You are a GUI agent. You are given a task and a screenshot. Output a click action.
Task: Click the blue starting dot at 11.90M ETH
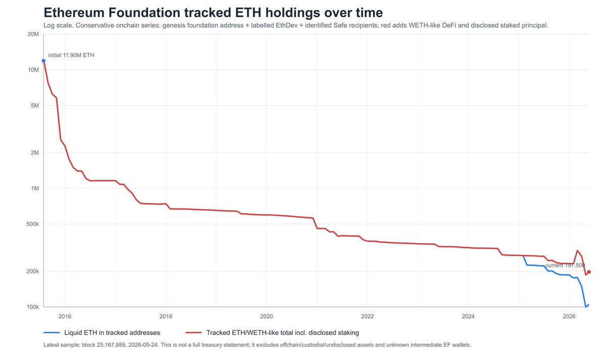(43, 61)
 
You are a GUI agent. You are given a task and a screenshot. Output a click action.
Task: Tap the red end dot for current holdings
(589, 272)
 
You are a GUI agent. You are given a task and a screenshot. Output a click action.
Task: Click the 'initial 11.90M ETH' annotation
(71, 55)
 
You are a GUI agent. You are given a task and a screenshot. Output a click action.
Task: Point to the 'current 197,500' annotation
(565, 266)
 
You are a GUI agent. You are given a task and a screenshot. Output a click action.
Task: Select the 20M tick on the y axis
(33, 34)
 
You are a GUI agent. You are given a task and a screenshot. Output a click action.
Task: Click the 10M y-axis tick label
(33, 70)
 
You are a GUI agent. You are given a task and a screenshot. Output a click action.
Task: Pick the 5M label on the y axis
(35, 106)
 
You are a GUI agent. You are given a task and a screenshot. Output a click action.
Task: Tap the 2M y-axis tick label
(35, 152)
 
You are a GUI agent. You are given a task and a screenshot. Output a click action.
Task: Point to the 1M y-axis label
(35, 188)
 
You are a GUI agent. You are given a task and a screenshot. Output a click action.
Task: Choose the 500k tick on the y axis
(32, 224)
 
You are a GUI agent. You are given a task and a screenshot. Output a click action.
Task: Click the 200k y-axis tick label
(32, 271)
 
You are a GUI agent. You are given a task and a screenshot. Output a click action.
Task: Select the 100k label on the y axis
(32, 307)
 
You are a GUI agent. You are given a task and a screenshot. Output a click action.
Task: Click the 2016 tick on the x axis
(65, 316)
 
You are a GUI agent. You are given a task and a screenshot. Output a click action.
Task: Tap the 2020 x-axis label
(267, 316)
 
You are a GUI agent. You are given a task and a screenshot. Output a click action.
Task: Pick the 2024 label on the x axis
(468, 316)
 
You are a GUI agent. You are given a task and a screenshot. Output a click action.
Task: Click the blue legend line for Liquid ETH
(52, 332)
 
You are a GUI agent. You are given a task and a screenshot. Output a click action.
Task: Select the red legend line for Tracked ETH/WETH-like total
(193, 332)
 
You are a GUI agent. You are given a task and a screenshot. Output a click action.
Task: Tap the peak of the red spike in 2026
(577, 250)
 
